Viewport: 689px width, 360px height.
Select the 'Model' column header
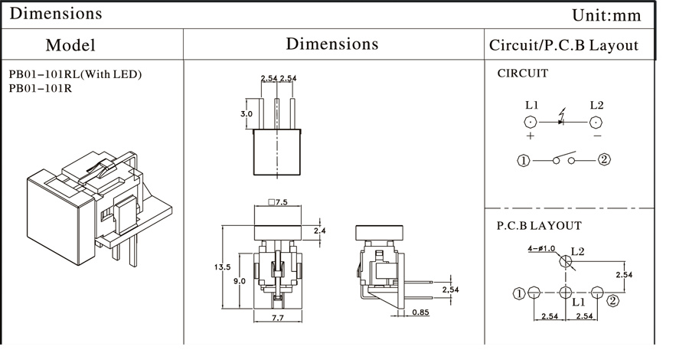coord(70,45)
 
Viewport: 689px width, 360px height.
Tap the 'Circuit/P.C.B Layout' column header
coord(563,45)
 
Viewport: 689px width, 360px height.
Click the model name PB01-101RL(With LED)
coord(75,74)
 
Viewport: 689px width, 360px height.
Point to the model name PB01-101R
coord(40,88)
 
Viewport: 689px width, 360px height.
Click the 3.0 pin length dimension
coord(247,114)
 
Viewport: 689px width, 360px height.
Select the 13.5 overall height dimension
coord(222,267)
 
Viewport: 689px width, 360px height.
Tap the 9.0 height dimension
coord(240,281)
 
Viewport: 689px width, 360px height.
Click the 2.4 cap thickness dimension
coord(320,231)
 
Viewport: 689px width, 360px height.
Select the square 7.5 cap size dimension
coord(279,202)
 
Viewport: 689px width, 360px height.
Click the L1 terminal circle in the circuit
coord(531,122)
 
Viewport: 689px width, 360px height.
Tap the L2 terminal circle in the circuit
coord(597,122)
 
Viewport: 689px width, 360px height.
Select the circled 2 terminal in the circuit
coord(604,160)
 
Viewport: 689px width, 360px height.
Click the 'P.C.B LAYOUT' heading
coord(539,226)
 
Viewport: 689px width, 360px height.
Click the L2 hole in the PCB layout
coord(566,261)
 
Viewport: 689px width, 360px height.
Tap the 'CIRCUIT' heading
coord(523,74)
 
